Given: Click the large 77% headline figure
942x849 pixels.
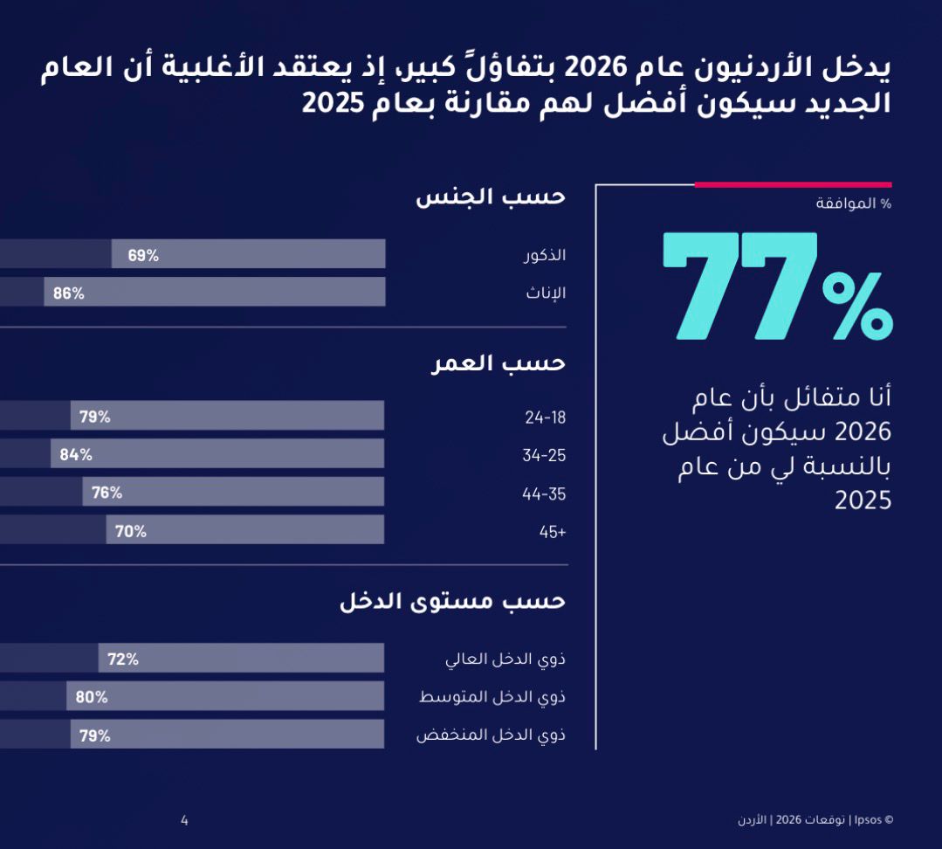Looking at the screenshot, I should (x=777, y=286).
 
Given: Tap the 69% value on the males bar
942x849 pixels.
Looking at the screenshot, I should (x=143, y=255).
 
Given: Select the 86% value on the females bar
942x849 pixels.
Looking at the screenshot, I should (x=69, y=293).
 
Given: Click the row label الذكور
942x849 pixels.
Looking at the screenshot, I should (x=545, y=255).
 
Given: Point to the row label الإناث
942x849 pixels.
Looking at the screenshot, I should (x=546, y=293).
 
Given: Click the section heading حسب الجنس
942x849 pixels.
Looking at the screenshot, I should (x=491, y=197).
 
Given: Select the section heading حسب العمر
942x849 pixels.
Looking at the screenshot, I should (x=499, y=362).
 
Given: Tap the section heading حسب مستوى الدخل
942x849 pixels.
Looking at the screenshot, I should (x=452, y=602).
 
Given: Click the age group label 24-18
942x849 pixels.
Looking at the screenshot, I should (x=546, y=418).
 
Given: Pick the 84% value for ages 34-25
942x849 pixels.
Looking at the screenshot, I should (x=76, y=454).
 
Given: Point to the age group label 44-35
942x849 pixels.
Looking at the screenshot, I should (x=544, y=494).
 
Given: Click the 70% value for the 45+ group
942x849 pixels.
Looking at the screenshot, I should (x=131, y=531).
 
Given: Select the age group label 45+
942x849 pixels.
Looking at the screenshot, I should (x=553, y=532).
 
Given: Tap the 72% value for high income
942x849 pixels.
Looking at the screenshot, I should (x=123, y=659).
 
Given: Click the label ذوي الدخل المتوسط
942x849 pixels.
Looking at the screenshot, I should (x=492, y=697).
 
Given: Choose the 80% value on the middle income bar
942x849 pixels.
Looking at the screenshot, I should (x=92, y=697).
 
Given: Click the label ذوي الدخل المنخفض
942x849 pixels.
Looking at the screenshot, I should (x=491, y=735).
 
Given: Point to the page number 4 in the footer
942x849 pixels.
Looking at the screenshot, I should (x=184, y=820).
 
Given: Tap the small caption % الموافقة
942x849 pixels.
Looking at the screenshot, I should (x=853, y=204).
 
